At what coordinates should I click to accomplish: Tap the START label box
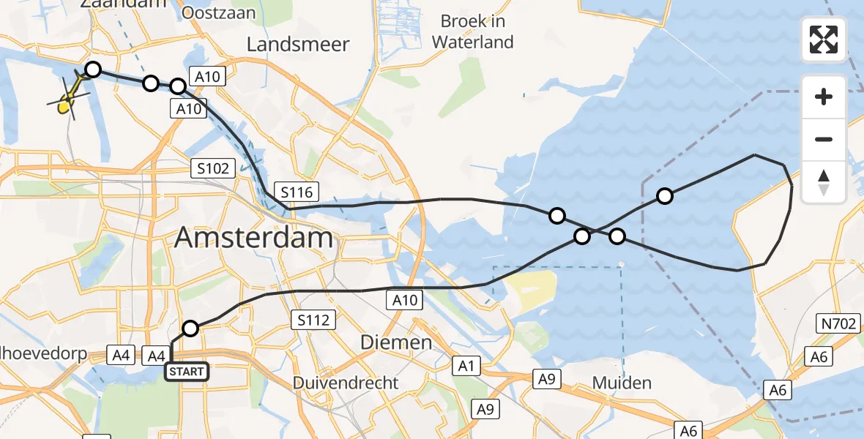187,372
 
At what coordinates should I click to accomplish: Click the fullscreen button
824,39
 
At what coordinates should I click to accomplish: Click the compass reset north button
824,182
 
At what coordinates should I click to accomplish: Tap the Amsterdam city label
254,238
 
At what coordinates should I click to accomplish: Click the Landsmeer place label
298,44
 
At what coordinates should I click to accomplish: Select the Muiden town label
621,383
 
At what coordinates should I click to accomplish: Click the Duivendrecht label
346,383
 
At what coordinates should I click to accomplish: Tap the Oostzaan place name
218,12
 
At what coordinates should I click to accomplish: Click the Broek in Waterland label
473,31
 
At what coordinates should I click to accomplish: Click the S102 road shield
213,168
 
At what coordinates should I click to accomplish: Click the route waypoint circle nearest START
190,329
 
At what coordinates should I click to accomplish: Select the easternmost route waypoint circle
664,195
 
